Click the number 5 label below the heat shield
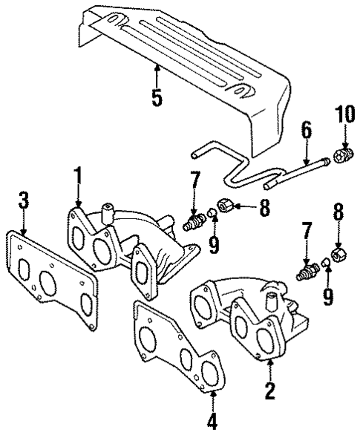[157, 98]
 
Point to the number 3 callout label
[23, 200]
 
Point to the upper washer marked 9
[211, 217]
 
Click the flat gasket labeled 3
[52, 281]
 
